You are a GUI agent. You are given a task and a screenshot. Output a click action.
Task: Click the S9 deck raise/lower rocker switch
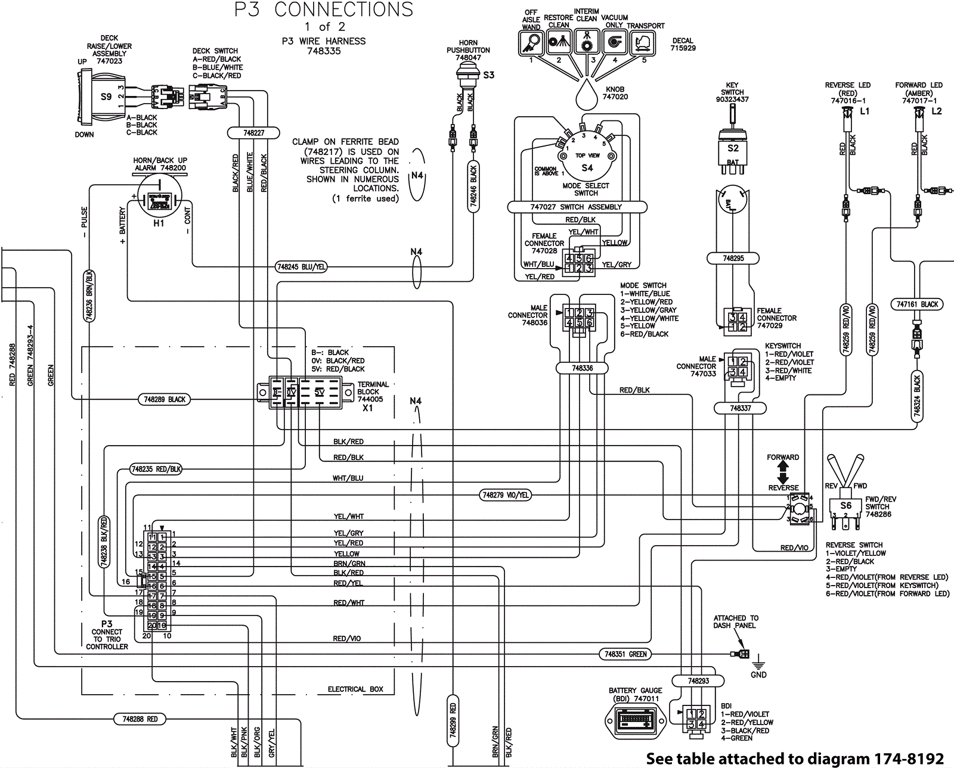pos(102,97)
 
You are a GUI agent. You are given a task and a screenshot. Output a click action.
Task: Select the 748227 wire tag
pos(253,133)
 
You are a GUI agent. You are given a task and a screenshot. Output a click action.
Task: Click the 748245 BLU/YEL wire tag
pos(302,267)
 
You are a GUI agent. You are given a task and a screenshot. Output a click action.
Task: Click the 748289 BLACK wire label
pos(165,399)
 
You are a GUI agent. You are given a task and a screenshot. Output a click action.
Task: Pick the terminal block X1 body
pos(304,392)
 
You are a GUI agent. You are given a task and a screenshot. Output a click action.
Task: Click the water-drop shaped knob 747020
pos(587,94)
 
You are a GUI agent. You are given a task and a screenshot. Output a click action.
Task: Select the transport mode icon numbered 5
pos(643,43)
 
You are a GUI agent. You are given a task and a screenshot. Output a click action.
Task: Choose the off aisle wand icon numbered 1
pos(531,43)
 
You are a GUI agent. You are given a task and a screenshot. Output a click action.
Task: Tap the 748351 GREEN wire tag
pos(625,654)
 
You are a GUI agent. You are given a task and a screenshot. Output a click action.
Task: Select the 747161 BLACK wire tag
pos(918,304)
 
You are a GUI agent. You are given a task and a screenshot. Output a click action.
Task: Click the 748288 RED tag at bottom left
pos(140,719)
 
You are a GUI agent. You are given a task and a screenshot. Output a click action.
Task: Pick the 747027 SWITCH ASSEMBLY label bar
pos(577,207)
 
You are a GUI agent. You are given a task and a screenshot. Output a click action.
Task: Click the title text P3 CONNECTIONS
pos(324,10)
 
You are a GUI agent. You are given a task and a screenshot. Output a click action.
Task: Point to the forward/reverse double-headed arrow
pos(783,472)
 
